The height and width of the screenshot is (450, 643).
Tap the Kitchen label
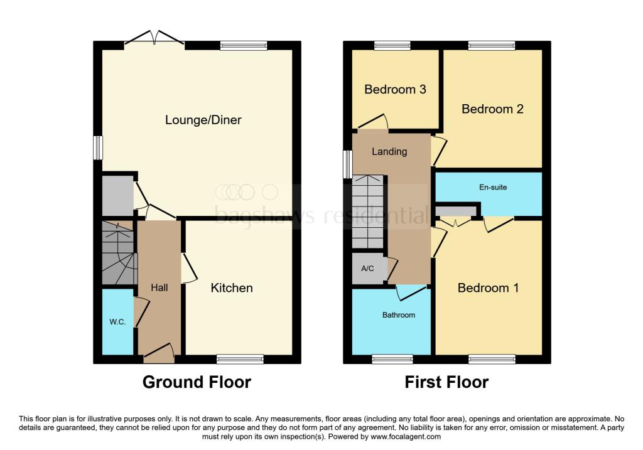tap(232, 288)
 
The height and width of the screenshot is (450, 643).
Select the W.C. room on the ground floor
tap(118, 322)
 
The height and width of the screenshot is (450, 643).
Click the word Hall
tap(159, 287)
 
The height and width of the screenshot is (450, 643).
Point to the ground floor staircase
tap(118, 252)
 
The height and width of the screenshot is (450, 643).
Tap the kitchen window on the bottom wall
tap(240, 359)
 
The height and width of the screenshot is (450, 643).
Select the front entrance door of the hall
tap(159, 355)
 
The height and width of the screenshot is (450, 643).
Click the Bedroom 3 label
tap(395, 89)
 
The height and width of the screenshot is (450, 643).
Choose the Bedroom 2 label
tap(492, 109)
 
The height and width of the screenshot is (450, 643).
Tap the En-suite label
tap(493, 187)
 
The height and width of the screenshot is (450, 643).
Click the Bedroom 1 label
tap(488, 288)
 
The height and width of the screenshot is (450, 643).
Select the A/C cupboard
tap(368, 269)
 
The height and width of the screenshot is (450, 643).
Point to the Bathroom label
tap(399, 315)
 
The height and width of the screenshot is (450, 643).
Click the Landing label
tap(389, 151)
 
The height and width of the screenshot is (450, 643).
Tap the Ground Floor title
tap(197, 382)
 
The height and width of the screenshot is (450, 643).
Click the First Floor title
tap(446, 382)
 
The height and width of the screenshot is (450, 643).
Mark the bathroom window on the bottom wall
tap(392, 359)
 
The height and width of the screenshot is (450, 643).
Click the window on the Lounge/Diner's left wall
tap(98, 148)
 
